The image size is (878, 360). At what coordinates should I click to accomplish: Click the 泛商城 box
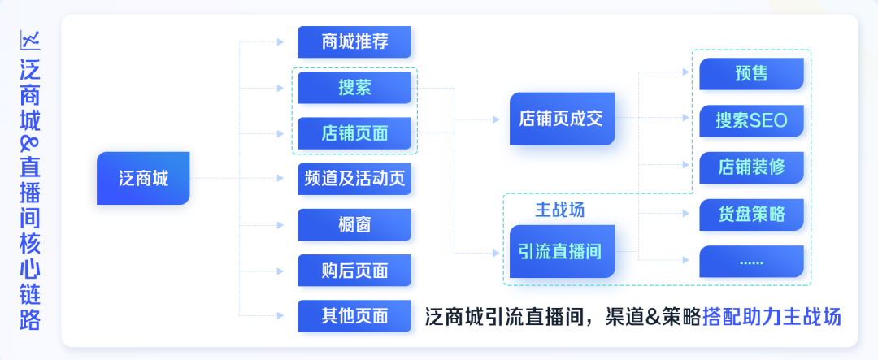[143, 177]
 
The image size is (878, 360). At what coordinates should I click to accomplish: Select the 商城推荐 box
[354, 41]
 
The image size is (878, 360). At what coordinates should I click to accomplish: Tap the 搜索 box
[354, 88]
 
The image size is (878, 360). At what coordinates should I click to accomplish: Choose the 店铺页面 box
[354, 133]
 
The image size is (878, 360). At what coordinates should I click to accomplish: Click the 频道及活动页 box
[354, 179]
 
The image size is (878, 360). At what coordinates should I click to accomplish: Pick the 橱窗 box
[354, 224]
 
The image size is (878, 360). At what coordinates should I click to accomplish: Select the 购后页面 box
[354, 270]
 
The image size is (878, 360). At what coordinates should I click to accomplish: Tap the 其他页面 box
[354, 315]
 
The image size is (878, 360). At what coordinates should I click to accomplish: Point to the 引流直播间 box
[561, 251]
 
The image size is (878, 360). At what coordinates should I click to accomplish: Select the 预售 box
[751, 74]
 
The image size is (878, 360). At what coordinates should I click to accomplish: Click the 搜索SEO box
[751, 120]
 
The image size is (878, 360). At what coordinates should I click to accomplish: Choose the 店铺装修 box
[751, 167]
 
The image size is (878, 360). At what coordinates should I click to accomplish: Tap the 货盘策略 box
[751, 215]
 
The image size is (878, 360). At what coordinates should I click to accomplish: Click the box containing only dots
[751, 262]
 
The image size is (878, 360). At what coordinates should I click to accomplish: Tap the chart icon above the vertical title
[30, 38]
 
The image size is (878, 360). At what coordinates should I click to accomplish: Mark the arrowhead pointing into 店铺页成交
[496, 119]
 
